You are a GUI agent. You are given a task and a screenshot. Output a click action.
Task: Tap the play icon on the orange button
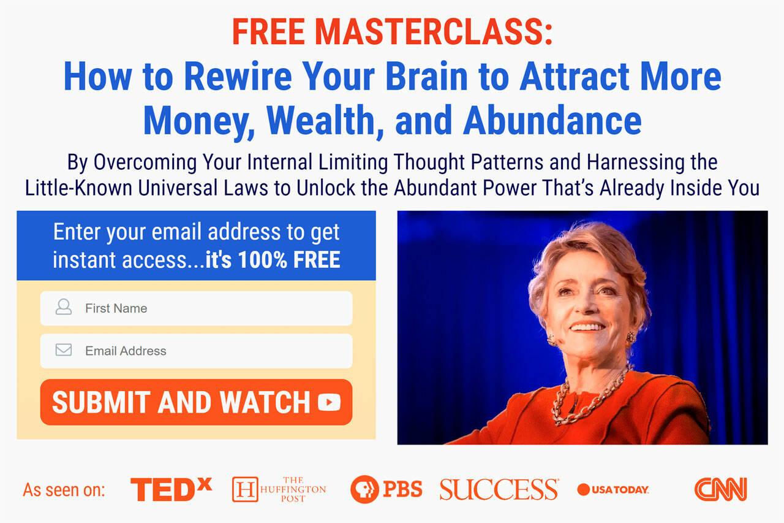329,402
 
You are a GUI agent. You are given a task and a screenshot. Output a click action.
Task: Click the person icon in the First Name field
63,307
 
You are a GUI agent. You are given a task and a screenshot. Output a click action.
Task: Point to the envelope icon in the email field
63,350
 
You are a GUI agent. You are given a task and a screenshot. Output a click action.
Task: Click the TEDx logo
171,489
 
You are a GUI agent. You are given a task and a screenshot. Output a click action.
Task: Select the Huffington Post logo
279,489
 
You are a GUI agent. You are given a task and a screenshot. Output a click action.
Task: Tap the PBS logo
386,489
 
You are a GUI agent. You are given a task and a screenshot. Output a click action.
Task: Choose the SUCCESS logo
499,489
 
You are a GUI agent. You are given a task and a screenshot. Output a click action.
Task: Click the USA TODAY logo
613,489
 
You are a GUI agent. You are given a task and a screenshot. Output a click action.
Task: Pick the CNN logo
720,489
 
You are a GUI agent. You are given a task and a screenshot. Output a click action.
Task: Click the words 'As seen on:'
64,490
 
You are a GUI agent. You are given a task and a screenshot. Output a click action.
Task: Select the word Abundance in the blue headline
552,120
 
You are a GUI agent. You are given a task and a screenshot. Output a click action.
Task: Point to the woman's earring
631,337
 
